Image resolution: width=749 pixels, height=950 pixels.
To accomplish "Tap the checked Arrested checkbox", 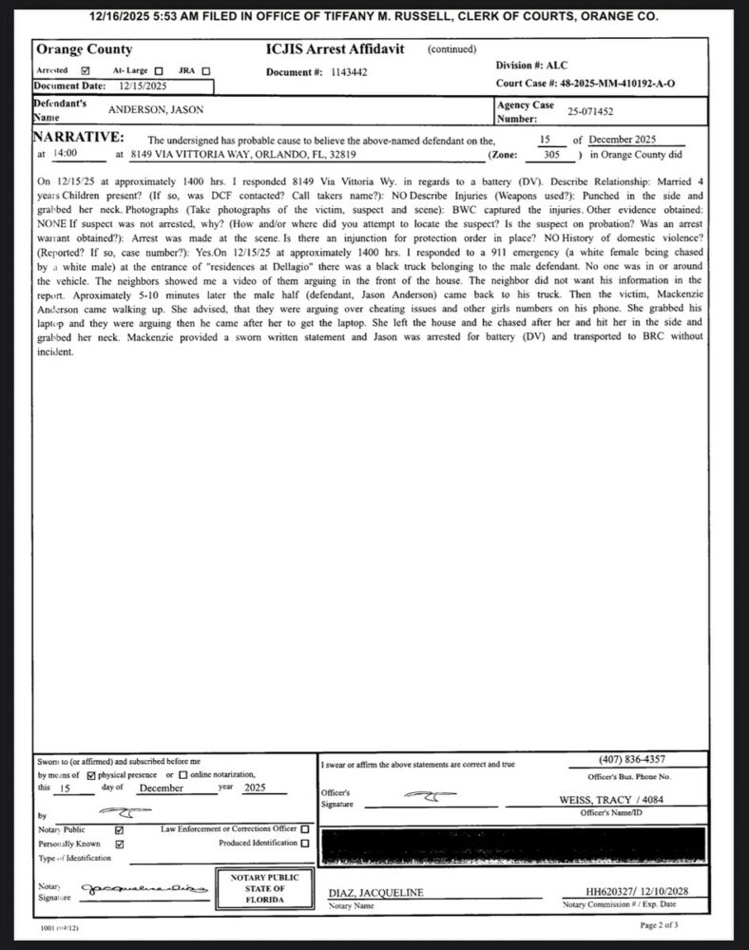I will click(x=86, y=70).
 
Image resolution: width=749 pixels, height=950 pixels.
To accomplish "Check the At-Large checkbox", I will click(x=158, y=70).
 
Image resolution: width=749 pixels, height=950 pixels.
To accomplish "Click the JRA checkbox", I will click(x=205, y=70).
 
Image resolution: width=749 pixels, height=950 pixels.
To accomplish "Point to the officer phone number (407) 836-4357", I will click(x=631, y=759).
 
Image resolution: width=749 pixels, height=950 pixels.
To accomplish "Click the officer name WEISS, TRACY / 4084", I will click(x=624, y=800).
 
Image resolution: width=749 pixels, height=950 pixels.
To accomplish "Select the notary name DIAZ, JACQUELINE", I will click(x=375, y=893).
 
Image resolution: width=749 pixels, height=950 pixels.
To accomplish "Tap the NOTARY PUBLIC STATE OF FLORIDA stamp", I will click(x=259, y=887).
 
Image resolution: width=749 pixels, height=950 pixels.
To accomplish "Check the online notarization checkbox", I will click(x=183, y=774).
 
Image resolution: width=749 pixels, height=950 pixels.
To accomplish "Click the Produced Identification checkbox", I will click(x=304, y=843).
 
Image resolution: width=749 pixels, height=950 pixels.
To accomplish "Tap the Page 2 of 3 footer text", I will click(x=660, y=924).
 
